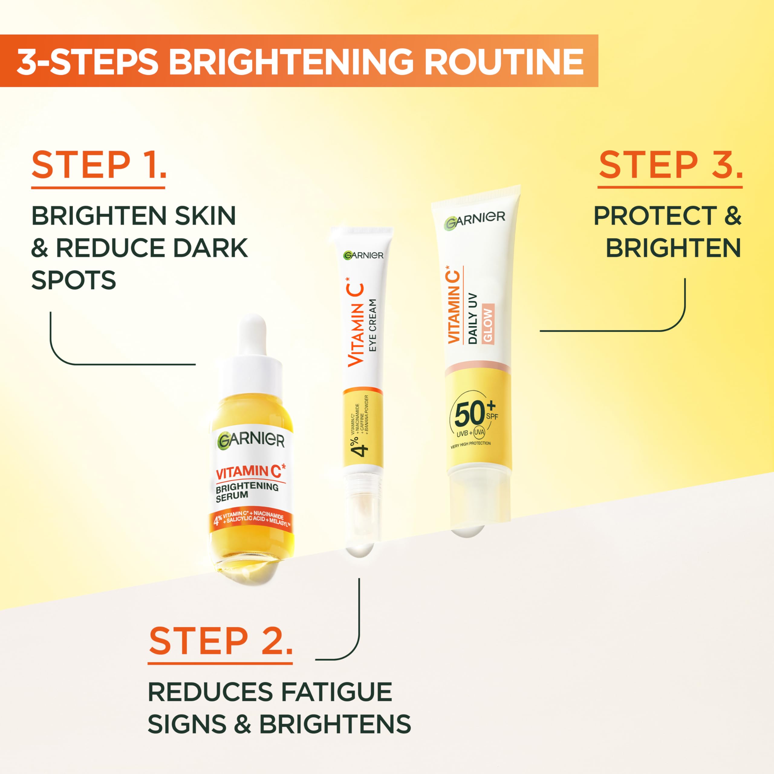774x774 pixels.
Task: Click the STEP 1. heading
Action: [99, 165]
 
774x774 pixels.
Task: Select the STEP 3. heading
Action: [670, 165]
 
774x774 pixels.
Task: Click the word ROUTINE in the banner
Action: [503, 61]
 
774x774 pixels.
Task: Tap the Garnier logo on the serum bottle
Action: [251, 440]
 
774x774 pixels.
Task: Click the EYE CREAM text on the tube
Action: [372, 325]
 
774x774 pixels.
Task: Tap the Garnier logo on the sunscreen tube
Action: [474, 220]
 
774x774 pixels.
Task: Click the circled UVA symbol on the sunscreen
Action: [479, 432]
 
